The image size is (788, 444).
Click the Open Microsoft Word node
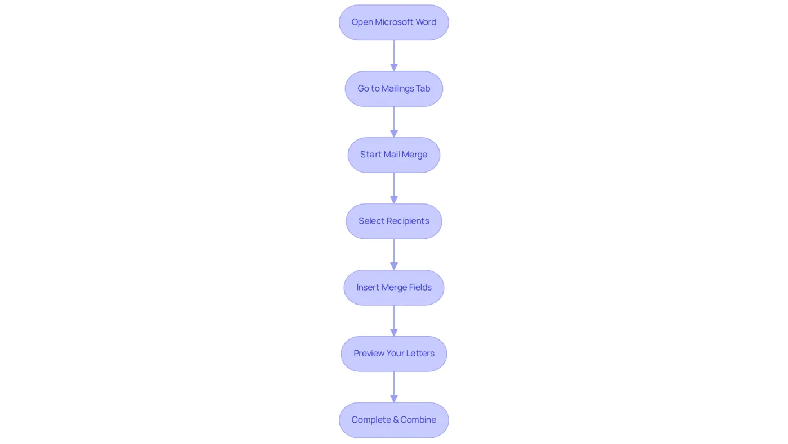pyautogui.click(x=393, y=22)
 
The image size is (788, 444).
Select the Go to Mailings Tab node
pyautogui.click(x=393, y=89)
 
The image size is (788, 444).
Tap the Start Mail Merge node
pyautogui.click(x=393, y=155)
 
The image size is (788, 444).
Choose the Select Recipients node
pyautogui.click(x=393, y=221)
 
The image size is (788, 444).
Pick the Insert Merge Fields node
pyautogui.click(x=393, y=287)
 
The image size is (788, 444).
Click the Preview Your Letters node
pyautogui.click(x=393, y=354)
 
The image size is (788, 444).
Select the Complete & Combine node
pyautogui.click(x=393, y=420)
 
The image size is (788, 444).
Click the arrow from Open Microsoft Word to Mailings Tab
pyautogui.click(x=393, y=56)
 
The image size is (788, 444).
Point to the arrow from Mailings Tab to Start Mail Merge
pyautogui.click(x=393, y=122)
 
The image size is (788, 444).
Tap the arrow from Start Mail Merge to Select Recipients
pyautogui.click(x=393, y=188)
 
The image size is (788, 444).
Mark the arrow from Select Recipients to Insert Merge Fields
pyautogui.click(x=393, y=254)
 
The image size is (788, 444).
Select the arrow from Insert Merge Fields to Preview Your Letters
pyautogui.click(x=393, y=321)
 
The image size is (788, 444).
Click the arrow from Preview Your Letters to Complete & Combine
pyautogui.click(x=393, y=387)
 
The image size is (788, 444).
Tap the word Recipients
pyautogui.click(x=408, y=221)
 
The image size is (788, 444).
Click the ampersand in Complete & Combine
pyautogui.click(x=396, y=419)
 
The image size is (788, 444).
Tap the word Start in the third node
pyautogui.click(x=370, y=155)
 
